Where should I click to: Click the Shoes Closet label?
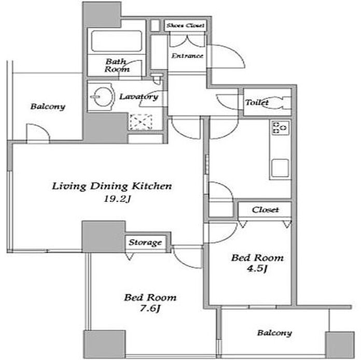click(186, 25)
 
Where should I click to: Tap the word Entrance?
click(187, 56)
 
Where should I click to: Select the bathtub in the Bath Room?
click(117, 41)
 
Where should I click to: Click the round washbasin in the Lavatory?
click(102, 97)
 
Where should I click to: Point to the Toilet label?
click(257, 102)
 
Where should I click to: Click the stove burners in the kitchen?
click(280, 127)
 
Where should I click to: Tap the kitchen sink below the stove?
click(280, 168)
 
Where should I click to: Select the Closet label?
click(266, 210)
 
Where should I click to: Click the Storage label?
click(145, 242)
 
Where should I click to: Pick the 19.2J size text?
click(117, 199)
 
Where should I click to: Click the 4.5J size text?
click(257, 269)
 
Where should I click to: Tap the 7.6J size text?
click(150, 308)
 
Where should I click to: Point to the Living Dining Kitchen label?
click(112, 186)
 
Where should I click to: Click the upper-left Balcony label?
click(48, 107)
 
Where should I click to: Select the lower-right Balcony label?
click(274, 333)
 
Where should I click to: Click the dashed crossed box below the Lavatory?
click(141, 122)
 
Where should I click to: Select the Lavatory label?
click(138, 97)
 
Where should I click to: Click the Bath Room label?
click(117, 65)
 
